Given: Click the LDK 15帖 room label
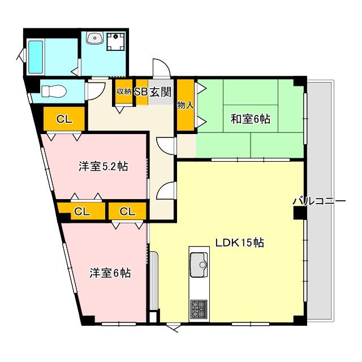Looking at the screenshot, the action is pyautogui.click(x=240, y=243).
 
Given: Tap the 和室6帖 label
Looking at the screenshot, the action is pyautogui.click(x=251, y=119).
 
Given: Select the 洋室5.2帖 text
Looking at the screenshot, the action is pyautogui.click(x=103, y=166).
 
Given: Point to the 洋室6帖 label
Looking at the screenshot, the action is pyautogui.click(x=110, y=273).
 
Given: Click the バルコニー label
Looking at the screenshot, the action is pyautogui.click(x=319, y=201).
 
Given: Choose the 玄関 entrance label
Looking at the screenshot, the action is pyautogui.click(x=161, y=92).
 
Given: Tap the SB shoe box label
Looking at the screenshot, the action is pyautogui.click(x=141, y=92).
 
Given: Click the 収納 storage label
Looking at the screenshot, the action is pyautogui.click(x=124, y=92).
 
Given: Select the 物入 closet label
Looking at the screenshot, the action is pyautogui.click(x=185, y=105).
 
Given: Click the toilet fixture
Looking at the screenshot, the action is pyautogui.click(x=53, y=91).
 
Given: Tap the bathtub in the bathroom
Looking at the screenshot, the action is pyautogui.click(x=36, y=57).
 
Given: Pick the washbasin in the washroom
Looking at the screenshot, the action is pyautogui.click(x=94, y=38).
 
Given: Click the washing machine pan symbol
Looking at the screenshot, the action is pyautogui.click(x=115, y=41).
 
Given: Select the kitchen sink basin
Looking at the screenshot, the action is pyautogui.click(x=199, y=265).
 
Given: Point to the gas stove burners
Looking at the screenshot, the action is pyautogui.click(x=199, y=309).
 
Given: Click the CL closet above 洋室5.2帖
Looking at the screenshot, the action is pyautogui.click(x=64, y=119).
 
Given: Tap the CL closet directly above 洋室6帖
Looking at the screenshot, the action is pyautogui.click(x=127, y=211).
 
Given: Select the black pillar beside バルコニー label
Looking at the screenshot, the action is pyautogui.click(x=300, y=213).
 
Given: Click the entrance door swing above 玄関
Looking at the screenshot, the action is pyautogui.click(x=161, y=68).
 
